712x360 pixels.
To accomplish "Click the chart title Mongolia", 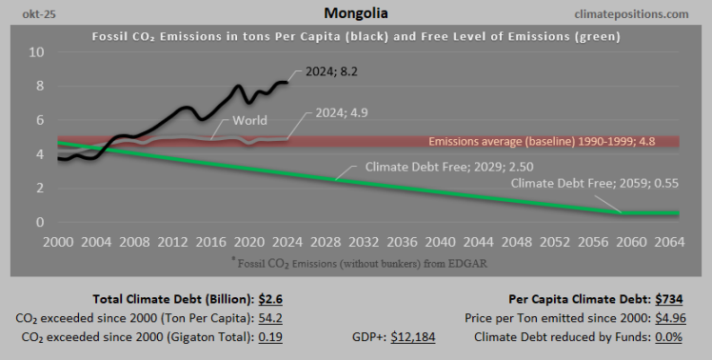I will pyautogui.click(x=355, y=14).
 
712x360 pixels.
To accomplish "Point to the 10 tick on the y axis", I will pyautogui.click(x=36, y=51).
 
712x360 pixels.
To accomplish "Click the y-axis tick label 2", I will pyautogui.click(x=40, y=189).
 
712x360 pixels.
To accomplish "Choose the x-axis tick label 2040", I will pyautogui.click(x=424, y=241).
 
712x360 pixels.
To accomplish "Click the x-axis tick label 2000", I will pyautogui.click(x=57, y=241).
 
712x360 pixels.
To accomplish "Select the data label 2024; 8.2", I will pyautogui.click(x=331, y=70).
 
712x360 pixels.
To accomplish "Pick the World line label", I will pyautogui.click(x=250, y=121).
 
